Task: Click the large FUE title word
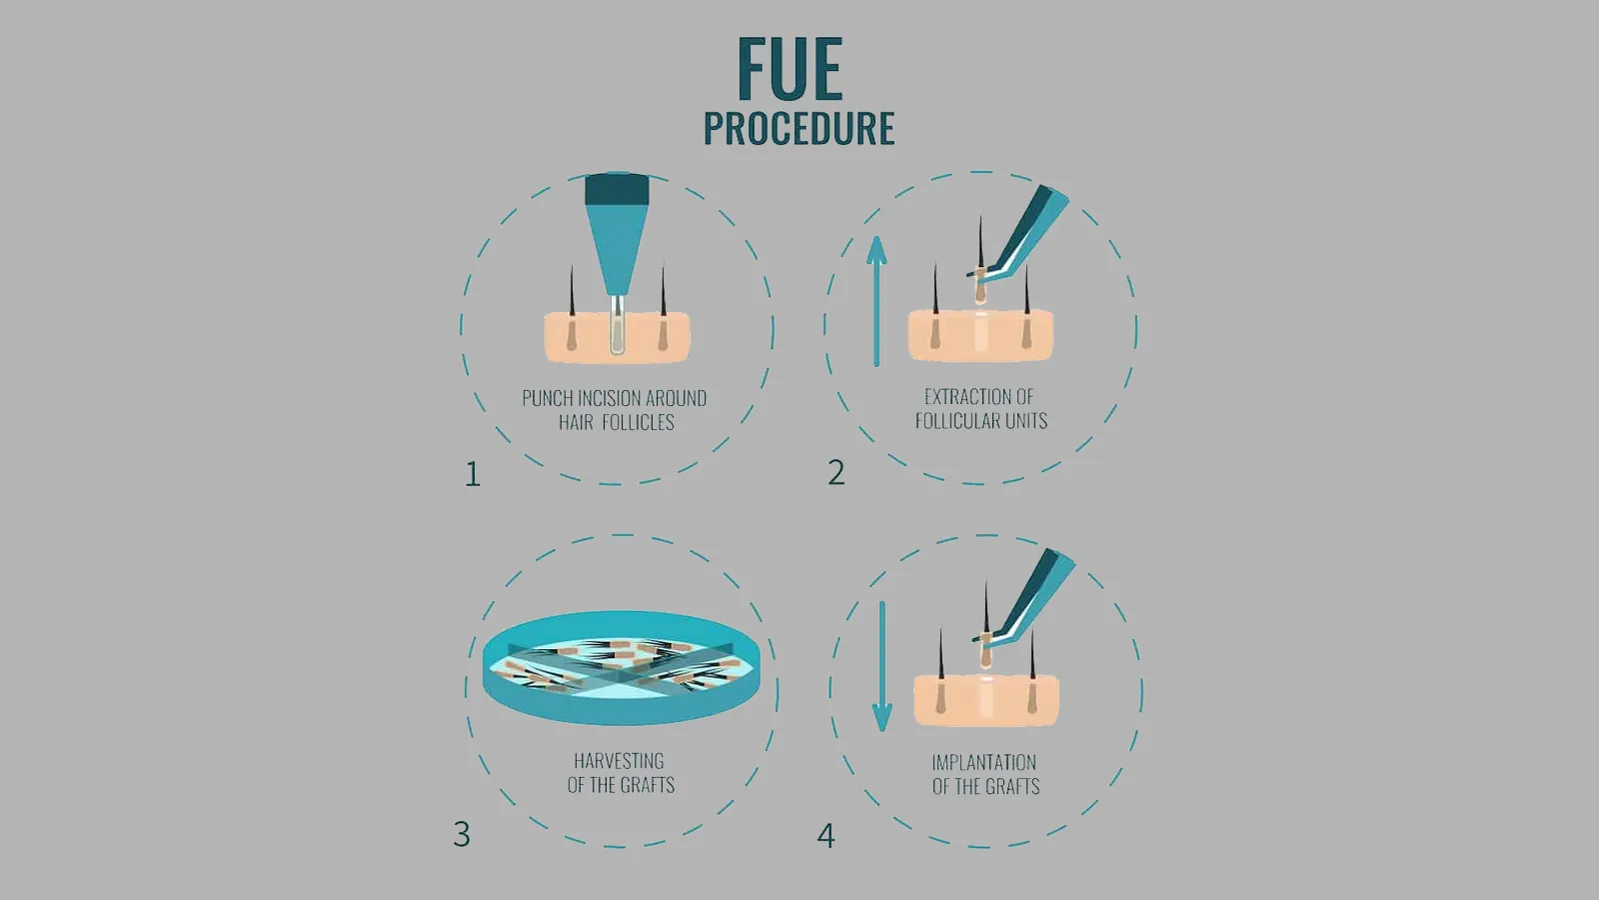pyautogui.click(x=791, y=69)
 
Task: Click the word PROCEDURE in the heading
pyautogui.click(x=799, y=129)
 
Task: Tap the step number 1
pyautogui.click(x=473, y=474)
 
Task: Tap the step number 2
pyautogui.click(x=835, y=472)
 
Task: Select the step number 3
pyautogui.click(x=462, y=834)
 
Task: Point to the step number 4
pyautogui.click(x=825, y=836)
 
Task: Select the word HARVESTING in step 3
pyautogui.click(x=619, y=760)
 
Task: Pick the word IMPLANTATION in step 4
pyautogui.click(x=983, y=762)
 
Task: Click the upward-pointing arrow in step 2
pyautogui.click(x=876, y=301)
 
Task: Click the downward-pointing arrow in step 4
pyautogui.click(x=882, y=666)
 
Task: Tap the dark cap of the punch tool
pyautogui.click(x=617, y=189)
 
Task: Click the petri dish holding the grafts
pyautogui.click(x=621, y=668)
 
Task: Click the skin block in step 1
pyautogui.click(x=618, y=337)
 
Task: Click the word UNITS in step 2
pyautogui.click(x=1025, y=421)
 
